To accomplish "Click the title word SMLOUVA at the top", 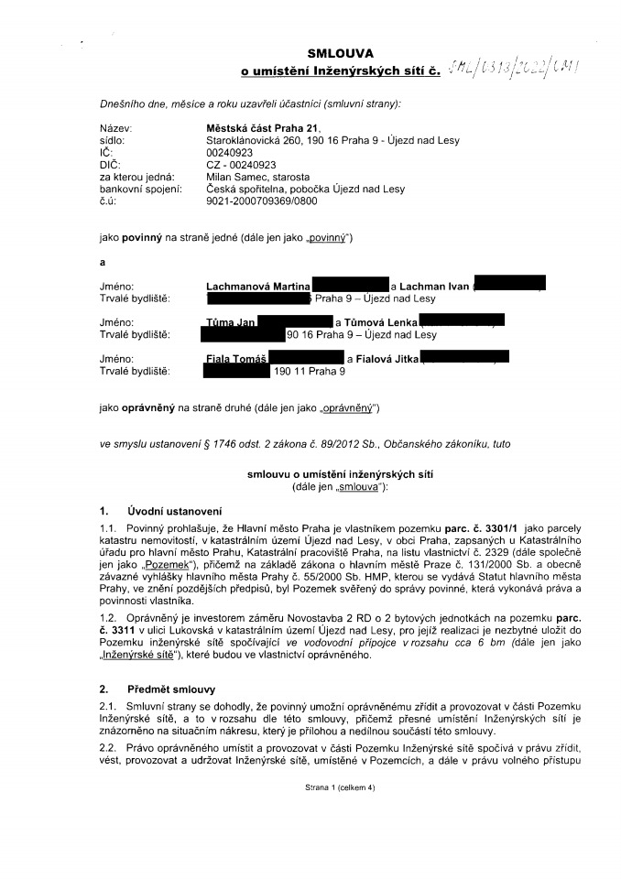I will pyautogui.click(x=336, y=54).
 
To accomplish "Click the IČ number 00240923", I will pyautogui.click(x=229, y=153).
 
